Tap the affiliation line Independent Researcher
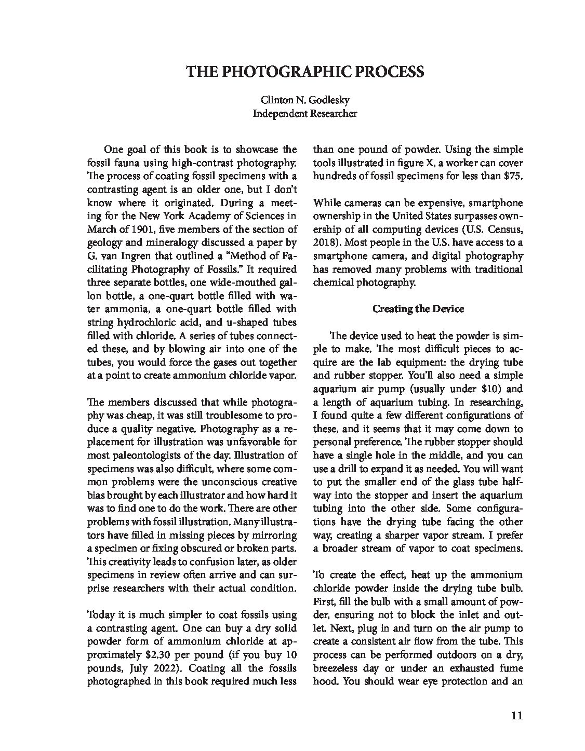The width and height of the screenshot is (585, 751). coord(305,113)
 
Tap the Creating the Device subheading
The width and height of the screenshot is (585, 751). coord(418,309)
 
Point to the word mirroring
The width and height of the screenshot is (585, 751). coord(275,535)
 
